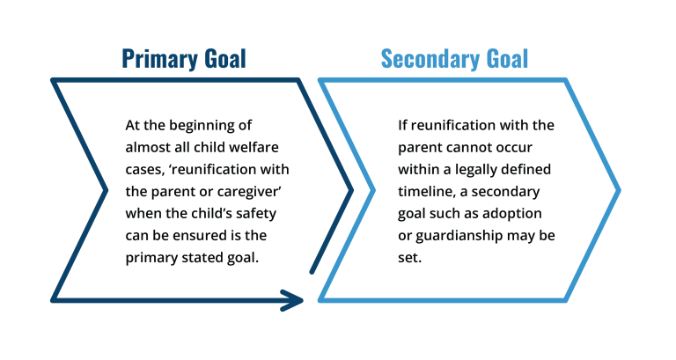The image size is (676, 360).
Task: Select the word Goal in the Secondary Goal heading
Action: click(507, 59)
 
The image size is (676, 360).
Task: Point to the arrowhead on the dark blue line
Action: click(292, 300)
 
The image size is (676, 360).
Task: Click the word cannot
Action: click(469, 148)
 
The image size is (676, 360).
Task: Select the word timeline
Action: click(426, 191)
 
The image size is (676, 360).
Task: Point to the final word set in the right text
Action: click(408, 258)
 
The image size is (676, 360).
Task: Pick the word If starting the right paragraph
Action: click(402, 125)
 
